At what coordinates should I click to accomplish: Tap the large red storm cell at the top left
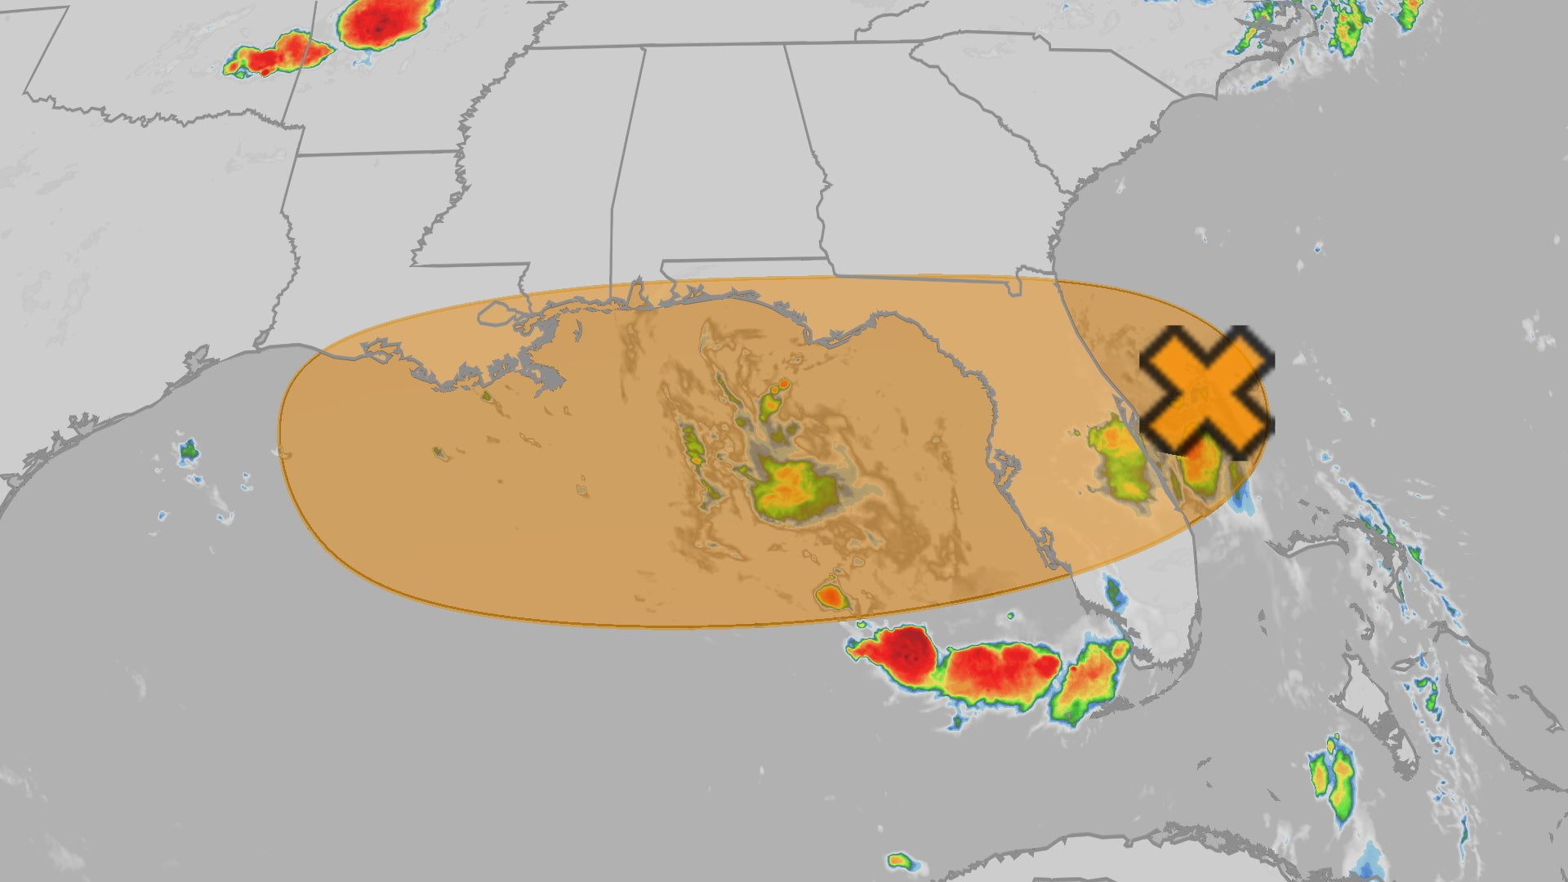[x=384, y=23]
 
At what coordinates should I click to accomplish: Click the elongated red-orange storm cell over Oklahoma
[x=278, y=56]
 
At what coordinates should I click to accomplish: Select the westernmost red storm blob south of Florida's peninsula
[x=898, y=653]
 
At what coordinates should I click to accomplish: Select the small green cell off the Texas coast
[x=189, y=448]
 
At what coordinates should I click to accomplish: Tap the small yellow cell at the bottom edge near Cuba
[x=899, y=860]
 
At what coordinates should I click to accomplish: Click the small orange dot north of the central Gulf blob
[x=783, y=383]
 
